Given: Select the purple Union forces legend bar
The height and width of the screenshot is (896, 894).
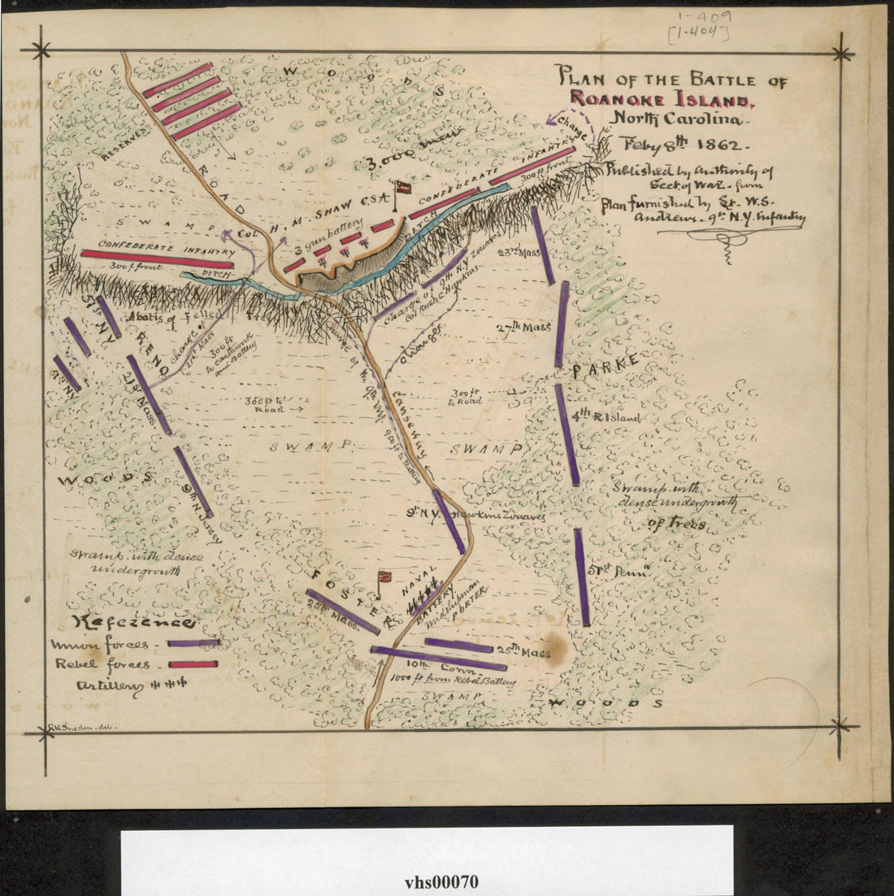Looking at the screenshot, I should point(193,643).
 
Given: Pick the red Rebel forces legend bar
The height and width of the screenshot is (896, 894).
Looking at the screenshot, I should point(193,664).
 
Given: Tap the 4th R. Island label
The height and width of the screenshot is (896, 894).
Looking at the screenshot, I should point(605,416).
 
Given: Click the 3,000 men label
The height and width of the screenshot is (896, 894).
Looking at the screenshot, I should point(414,151).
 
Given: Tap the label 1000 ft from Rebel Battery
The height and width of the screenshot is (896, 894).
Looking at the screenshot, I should point(453,680).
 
